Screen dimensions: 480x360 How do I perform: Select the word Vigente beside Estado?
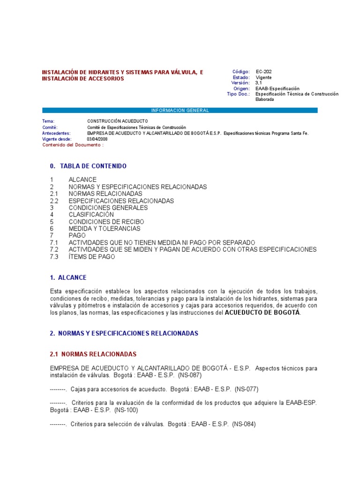click(x=263, y=77)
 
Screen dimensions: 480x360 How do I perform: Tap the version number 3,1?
click(x=259, y=83)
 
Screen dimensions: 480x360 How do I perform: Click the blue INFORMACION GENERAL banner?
click(x=180, y=110)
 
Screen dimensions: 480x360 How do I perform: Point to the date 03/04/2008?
click(x=97, y=139)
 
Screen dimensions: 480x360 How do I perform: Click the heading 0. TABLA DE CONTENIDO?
click(x=88, y=166)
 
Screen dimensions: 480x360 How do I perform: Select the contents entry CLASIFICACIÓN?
click(x=91, y=215)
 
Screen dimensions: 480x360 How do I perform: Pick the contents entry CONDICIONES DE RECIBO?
click(x=106, y=222)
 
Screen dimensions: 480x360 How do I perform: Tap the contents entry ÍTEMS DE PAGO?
click(x=91, y=256)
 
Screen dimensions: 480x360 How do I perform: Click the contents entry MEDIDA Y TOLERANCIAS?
click(x=104, y=229)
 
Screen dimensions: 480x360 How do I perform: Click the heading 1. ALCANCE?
click(x=68, y=277)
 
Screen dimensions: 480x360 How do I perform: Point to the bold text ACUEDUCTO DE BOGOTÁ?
click(x=262, y=313)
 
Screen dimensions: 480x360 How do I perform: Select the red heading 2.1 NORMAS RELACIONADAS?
click(x=93, y=354)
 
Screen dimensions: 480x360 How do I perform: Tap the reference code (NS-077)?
click(x=247, y=389)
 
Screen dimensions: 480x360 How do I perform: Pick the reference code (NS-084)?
click(x=244, y=424)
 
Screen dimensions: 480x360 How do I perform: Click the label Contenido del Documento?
click(x=73, y=145)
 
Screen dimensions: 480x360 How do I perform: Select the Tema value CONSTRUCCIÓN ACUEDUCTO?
click(x=111, y=121)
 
